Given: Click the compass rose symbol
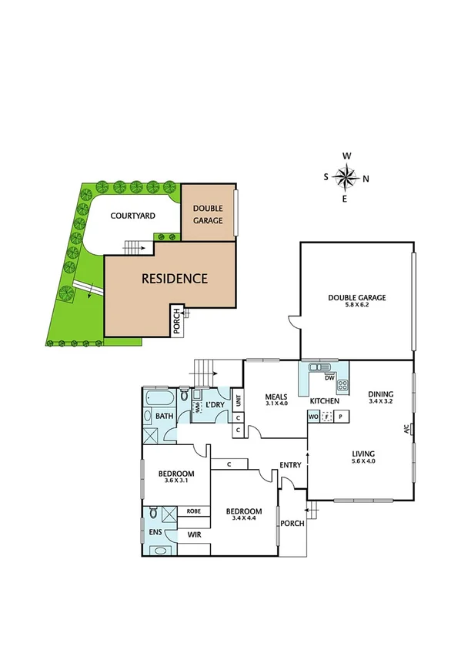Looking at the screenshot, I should (x=347, y=178).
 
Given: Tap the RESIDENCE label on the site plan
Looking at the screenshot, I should (x=174, y=279).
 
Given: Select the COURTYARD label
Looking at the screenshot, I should (x=133, y=216).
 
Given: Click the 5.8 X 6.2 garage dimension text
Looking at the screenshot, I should (x=356, y=306).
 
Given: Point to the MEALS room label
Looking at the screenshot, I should (x=276, y=397).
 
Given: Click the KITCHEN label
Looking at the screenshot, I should (x=325, y=402).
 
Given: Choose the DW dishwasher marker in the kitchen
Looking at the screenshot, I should (x=329, y=378).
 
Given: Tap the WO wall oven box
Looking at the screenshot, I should (x=313, y=417).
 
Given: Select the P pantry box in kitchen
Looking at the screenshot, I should (x=341, y=417).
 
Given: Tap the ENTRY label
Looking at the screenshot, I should (x=290, y=464).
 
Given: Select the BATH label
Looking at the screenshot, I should (x=165, y=416).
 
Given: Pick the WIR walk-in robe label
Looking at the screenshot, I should (x=195, y=534).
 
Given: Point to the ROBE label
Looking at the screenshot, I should (x=194, y=511).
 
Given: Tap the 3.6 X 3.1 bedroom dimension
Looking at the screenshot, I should (x=176, y=481).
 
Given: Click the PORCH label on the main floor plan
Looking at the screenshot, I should (x=292, y=524).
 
